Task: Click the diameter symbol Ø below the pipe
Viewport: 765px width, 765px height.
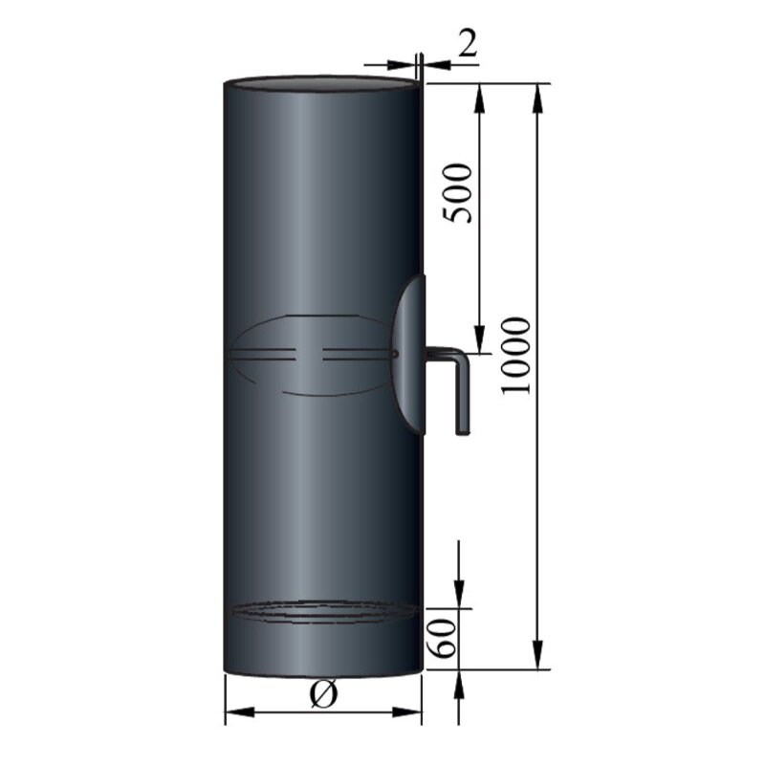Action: click(323, 696)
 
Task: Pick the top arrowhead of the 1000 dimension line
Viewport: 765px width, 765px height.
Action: click(540, 92)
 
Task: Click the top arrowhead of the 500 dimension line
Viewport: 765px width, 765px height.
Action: click(477, 92)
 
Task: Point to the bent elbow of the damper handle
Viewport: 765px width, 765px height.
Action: click(459, 358)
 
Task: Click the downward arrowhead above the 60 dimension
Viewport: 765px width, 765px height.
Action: click(461, 597)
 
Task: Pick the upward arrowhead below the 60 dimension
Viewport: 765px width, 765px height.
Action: click(461, 678)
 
